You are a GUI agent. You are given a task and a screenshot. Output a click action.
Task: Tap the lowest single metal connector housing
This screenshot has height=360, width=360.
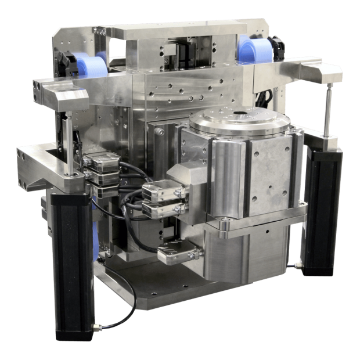point(178,254)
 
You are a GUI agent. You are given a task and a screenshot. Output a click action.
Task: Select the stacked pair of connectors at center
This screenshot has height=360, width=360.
point(165,200)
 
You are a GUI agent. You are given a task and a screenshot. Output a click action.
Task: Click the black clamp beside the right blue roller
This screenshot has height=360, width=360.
point(278,49)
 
